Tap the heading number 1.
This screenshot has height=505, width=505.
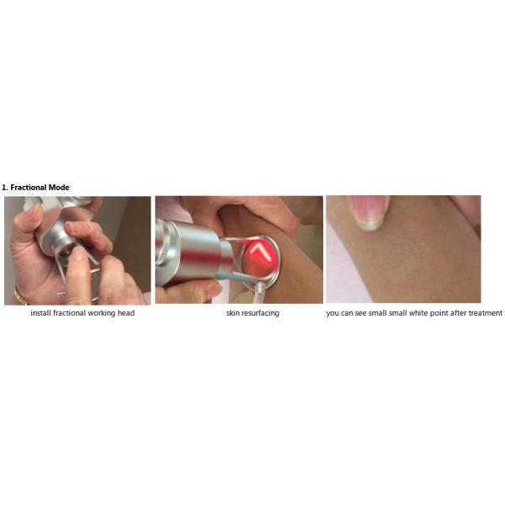[x=4, y=187]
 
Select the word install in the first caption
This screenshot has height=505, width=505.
[x=40, y=313]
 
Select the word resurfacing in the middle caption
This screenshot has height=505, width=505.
[x=259, y=313]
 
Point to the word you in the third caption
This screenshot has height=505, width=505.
[x=332, y=313]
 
